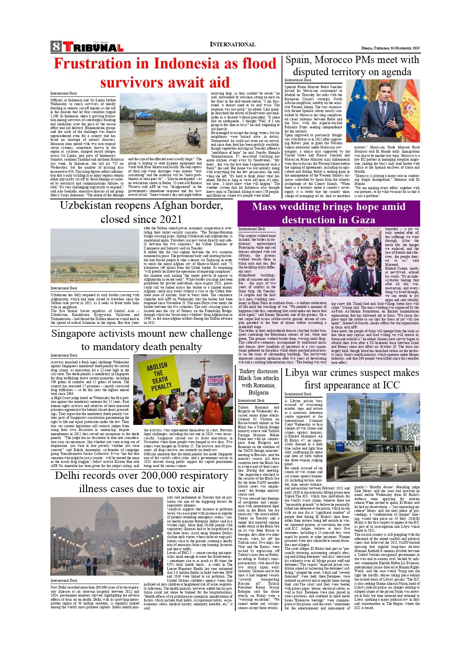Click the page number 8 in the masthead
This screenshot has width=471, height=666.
point(56,46)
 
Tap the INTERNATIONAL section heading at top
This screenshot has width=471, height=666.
point(232,44)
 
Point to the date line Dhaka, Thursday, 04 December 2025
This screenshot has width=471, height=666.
point(390,48)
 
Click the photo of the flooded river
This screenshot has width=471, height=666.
point(163,124)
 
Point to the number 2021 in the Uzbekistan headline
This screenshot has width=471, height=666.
point(167,219)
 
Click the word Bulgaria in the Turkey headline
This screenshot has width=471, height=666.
point(258,393)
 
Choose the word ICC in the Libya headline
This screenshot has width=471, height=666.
point(391,385)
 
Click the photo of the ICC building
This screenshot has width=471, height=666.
point(373,437)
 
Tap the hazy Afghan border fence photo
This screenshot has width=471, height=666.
point(95,256)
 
